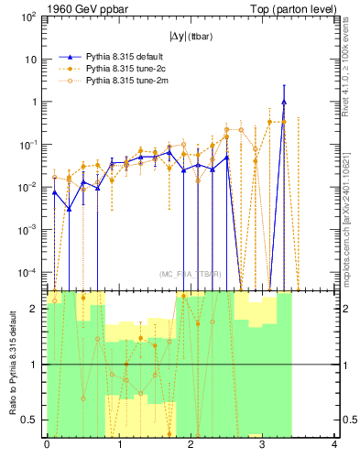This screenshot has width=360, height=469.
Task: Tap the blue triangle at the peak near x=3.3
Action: [x=284, y=102]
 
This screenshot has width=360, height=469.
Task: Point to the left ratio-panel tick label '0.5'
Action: [x=32, y=420]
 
